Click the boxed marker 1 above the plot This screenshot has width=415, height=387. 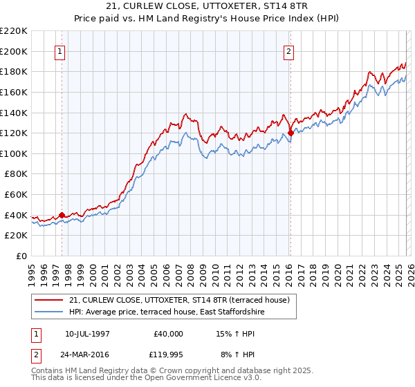pyautogui.click(x=60, y=51)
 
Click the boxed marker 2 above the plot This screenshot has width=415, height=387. pyautogui.click(x=288, y=51)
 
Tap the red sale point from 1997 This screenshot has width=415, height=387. pyautogui.click(x=62, y=215)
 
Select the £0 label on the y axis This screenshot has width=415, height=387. pyautogui.click(x=21, y=256)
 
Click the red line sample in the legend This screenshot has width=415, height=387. pyautogui.click(x=49, y=300)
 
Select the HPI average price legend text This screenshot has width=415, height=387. pyautogui.click(x=167, y=312)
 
